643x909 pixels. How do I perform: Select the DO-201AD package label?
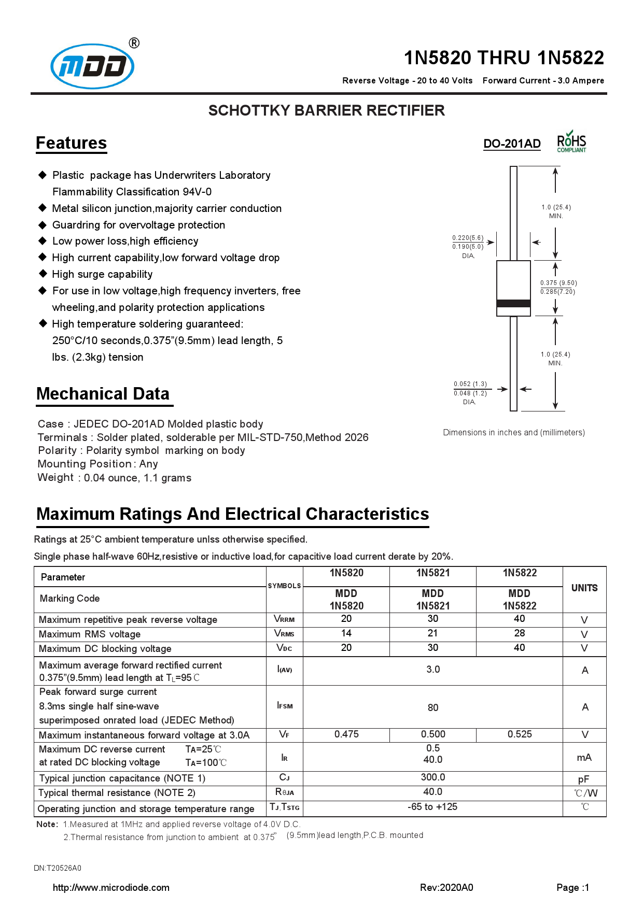point(512,144)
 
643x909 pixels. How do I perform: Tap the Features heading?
point(71,143)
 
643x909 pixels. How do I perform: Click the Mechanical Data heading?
point(103,394)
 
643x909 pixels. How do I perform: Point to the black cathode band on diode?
point(513,303)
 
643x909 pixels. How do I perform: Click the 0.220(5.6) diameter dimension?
point(467,238)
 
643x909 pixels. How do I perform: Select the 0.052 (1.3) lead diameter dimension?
point(470,384)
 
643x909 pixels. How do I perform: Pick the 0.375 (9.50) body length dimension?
point(558,283)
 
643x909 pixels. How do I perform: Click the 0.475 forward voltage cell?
point(346,734)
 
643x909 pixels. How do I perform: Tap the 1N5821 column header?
point(432,573)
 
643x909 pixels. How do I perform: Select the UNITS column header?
point(584,588)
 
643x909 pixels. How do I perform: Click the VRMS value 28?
point(519,633)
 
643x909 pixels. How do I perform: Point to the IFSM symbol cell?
point(285,706)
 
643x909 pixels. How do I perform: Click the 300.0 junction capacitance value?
point(432,777)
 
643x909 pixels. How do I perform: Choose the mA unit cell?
point(584,758)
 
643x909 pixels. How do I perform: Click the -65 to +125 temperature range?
point(432,807)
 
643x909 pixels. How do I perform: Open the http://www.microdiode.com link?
point(111,888)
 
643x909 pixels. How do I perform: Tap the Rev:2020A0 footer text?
point(446,888)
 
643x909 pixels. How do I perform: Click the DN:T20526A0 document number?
point(58,868)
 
